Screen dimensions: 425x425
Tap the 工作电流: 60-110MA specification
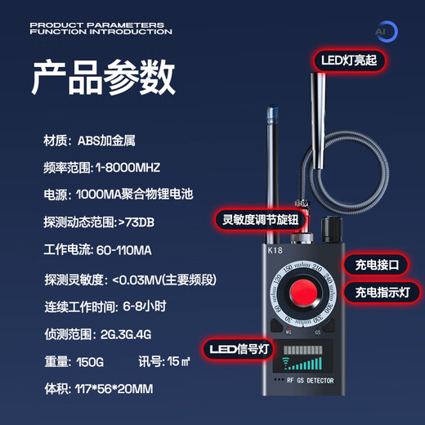[x=100, y=249]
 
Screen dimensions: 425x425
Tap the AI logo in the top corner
[x=385, y=31]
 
